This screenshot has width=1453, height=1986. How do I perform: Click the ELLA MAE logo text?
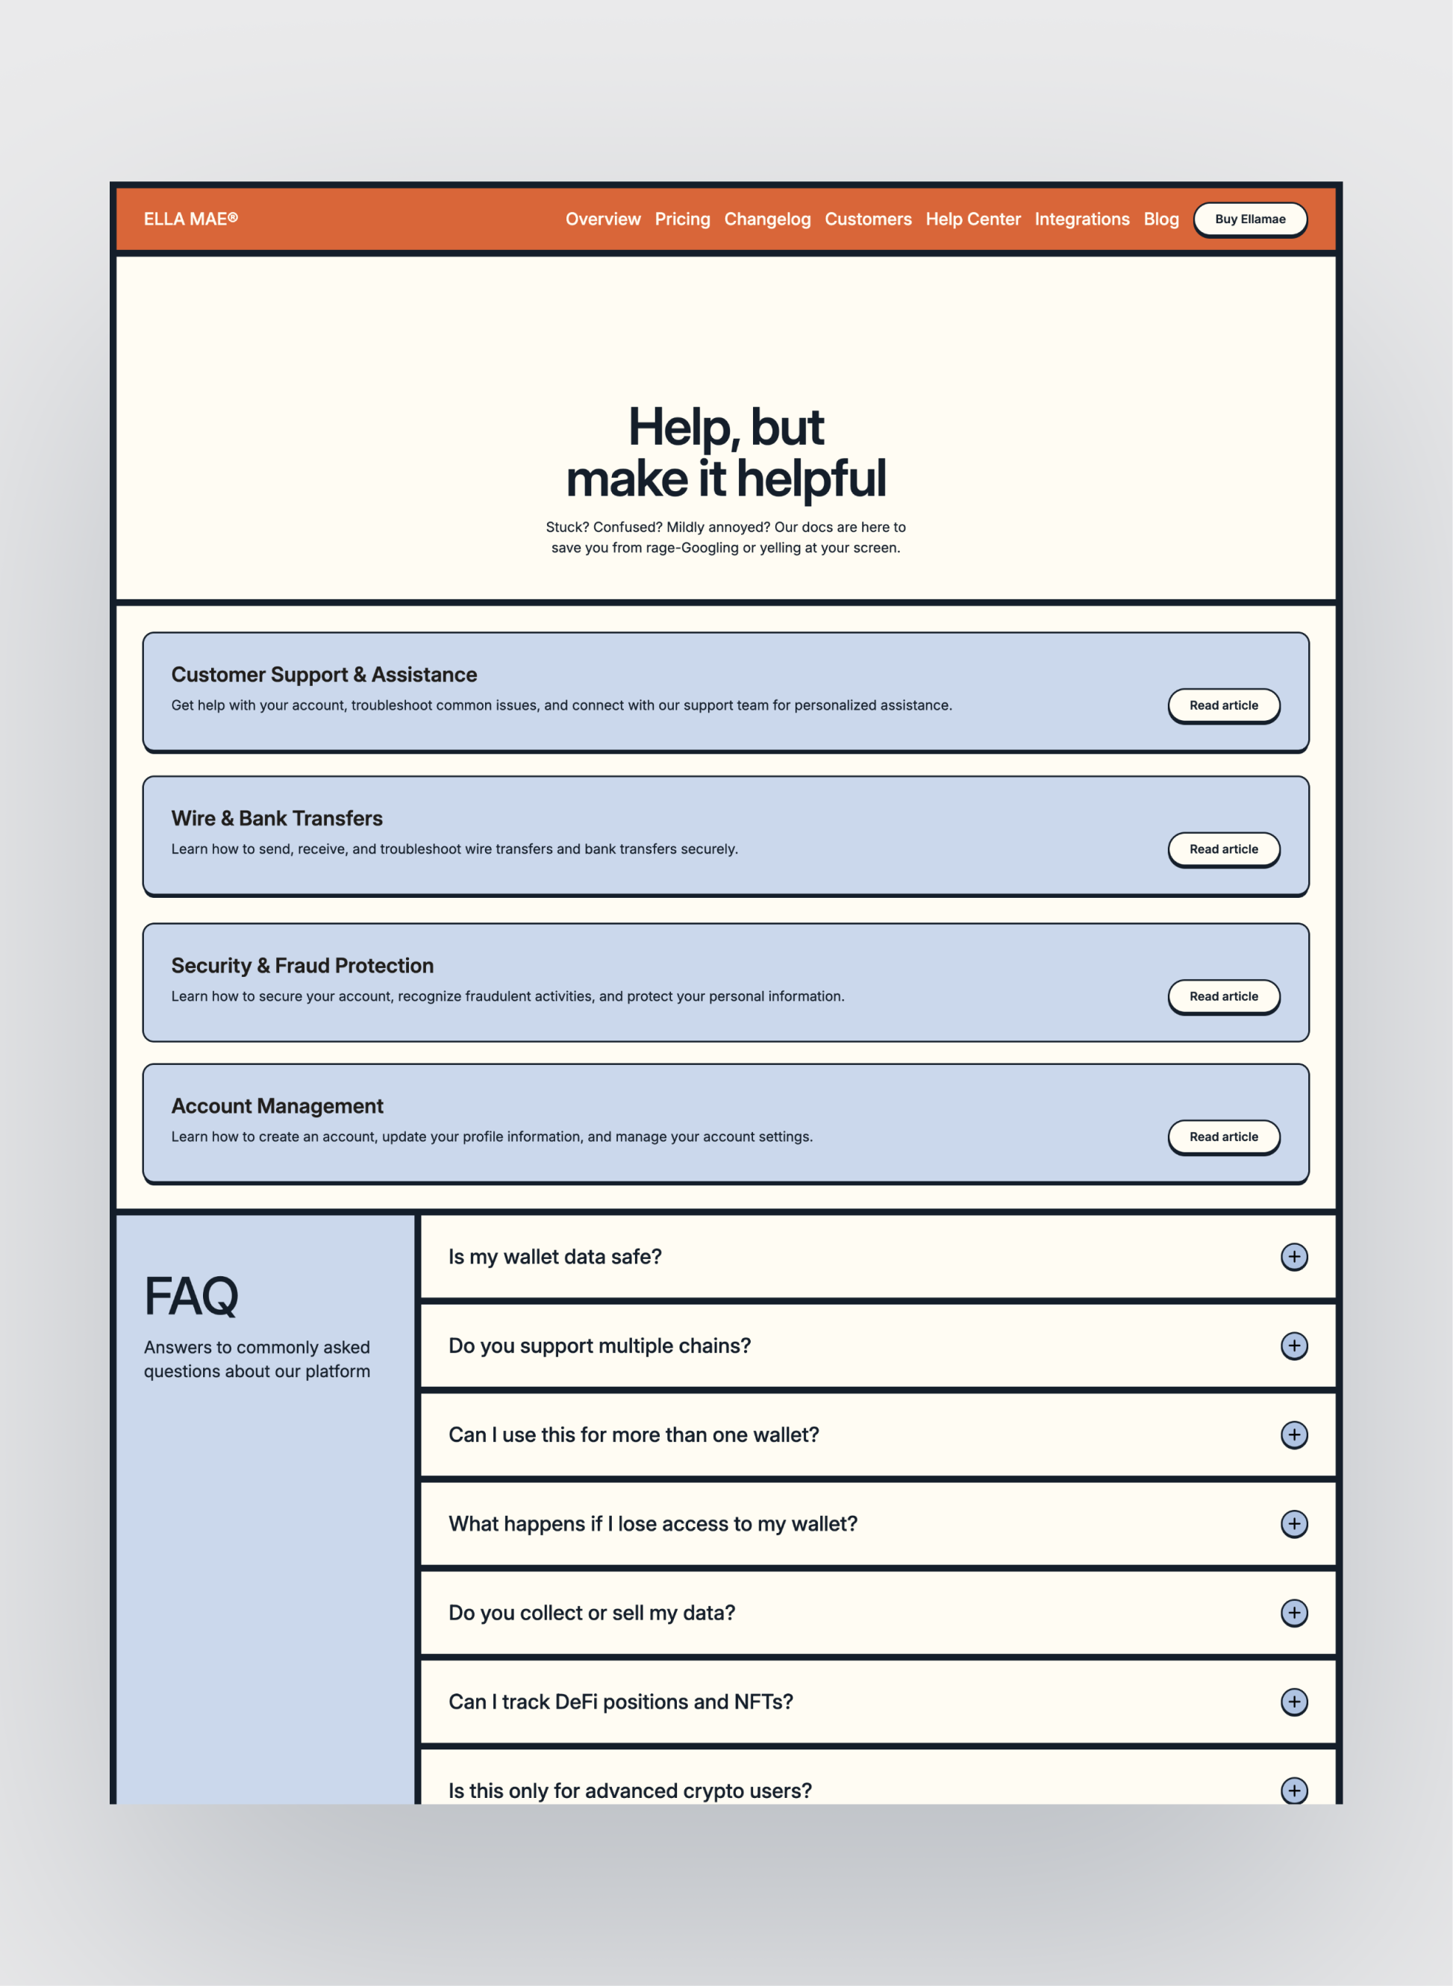(190, 219)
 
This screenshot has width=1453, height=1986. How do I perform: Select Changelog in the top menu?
(767, 219)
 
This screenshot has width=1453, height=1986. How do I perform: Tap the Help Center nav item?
(973, 219)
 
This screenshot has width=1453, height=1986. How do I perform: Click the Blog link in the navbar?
(1160, 219)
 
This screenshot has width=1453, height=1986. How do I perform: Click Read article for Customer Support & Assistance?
(1222, 705)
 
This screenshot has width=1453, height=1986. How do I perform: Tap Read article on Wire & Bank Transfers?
(1222, 849)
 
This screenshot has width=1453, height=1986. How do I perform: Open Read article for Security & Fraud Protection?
(1222, 996)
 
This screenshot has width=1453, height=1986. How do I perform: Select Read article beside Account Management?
(1222, 1137)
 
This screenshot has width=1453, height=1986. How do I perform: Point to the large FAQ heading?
(191, 1296)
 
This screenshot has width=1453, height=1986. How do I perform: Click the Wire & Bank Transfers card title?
(276, 818)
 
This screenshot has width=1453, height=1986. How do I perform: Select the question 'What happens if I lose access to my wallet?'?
(652, 1523)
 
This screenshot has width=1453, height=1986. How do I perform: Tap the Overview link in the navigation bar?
(602, 219)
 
